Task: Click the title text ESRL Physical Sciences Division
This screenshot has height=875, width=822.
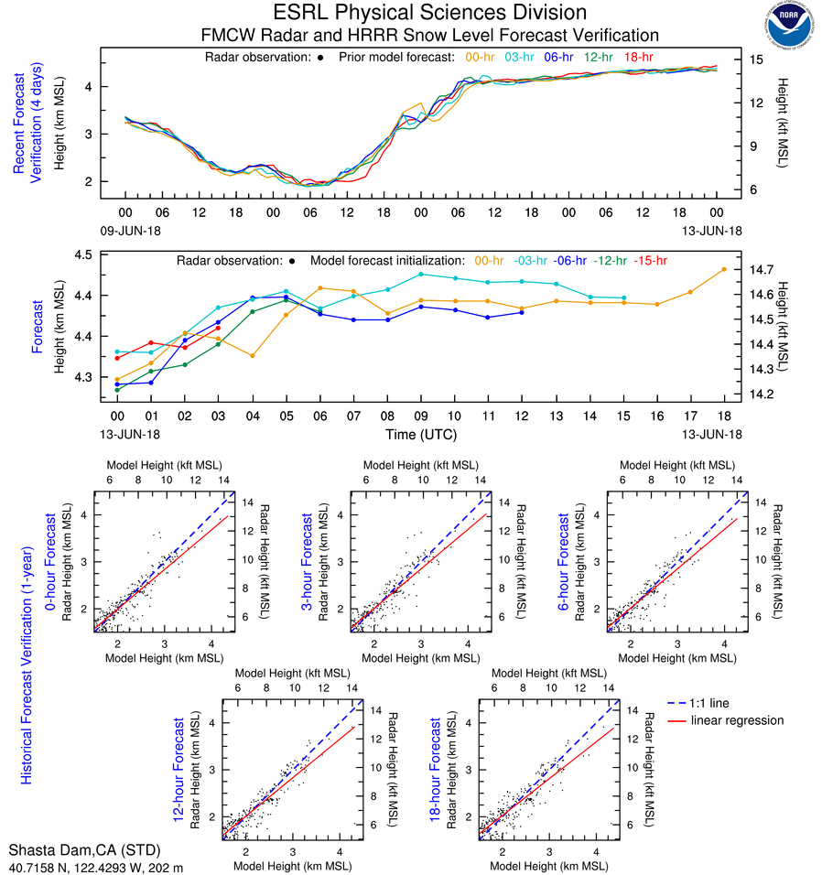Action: click(x=429, y=13)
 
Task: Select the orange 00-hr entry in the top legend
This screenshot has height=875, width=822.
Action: click(x=481, y=57)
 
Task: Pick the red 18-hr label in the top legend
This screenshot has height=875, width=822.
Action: click(x=639, y=57)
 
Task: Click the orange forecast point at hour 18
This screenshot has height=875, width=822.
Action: click(x=724, y=269)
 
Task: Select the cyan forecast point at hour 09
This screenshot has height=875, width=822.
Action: click(x=421, y=274)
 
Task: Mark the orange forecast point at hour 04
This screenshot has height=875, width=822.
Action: click(x=253, y=355)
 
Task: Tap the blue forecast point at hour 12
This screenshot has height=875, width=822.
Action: click(x=522, y=312)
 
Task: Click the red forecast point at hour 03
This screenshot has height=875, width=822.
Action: click(x=219, y=328)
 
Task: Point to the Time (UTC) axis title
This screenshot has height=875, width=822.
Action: click(x=421, y=434)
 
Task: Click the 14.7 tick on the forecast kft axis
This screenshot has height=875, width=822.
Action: click(x=762, y=270)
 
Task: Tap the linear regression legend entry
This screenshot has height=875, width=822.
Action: click(x=738, y=720)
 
